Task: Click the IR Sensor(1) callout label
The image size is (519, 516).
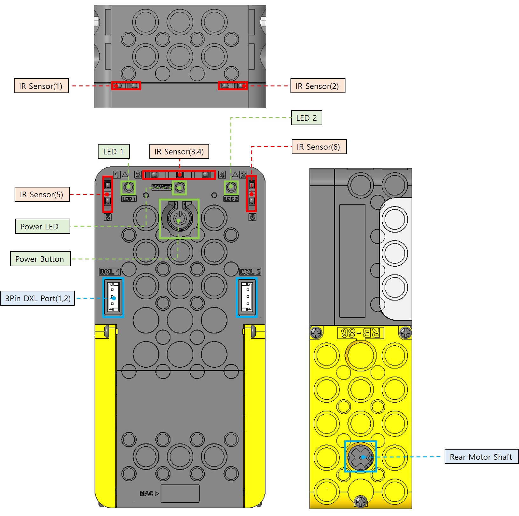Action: pyautogui.click(x=41, y=86)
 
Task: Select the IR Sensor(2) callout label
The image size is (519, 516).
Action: pyautogui.click(x=318, y=86)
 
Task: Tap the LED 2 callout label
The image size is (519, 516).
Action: pyautogui.click(x=306, y=118)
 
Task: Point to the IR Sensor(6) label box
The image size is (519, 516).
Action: pyautogui.click(x=319, y=147)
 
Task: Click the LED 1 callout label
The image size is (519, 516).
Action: pyautogui.click(x=113, y=152)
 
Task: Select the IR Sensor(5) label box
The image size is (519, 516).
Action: pyautogui.click(x=42, y=194)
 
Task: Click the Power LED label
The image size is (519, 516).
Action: pyautogui.click(x=43, y=227)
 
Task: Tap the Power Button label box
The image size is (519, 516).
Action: pyautogui.click(x=40, y=259)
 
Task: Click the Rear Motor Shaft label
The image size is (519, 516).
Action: pyautogui.click(x=481, y=457)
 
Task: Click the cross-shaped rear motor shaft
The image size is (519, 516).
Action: pyautogui.click(x=360, y=457)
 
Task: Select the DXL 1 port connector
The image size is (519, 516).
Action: pyautogui.click(x=113, y=298)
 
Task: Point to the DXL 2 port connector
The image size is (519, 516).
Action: pyautogui.click(x=247, y=298)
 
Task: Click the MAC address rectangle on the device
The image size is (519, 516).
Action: pyautogui.click(x=180, y=493)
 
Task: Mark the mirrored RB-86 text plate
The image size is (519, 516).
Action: pyautogui.click(x=360, y=333)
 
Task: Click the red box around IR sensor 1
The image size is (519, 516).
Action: pyautogui.click(x=126, y=86)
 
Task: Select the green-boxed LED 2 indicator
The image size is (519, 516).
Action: pyautogui.click(x=231, y=187)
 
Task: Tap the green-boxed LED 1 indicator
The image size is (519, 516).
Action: pyautogui.click(x=128, y=187)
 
